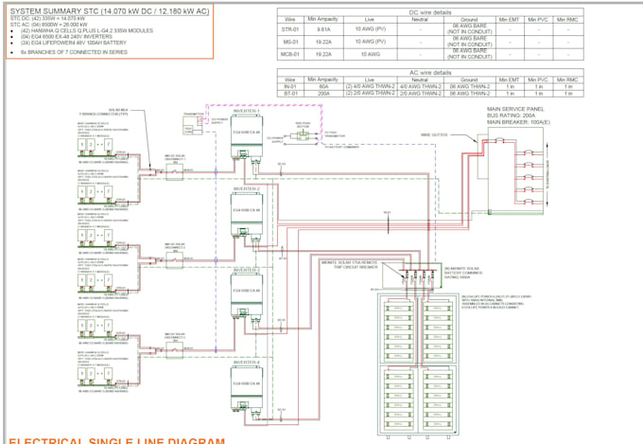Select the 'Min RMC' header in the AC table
coord(565,79)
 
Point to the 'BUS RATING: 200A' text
coord(511,116)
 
